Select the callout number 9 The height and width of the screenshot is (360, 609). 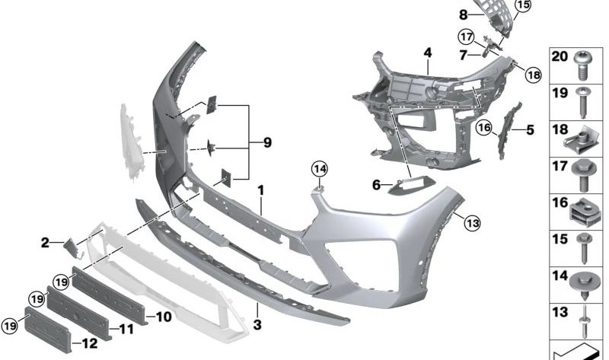pos(267,142)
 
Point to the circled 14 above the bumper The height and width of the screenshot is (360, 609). pos(319,168)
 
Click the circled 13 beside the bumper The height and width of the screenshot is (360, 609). pos(472,223)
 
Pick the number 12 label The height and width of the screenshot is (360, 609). pos(90,343)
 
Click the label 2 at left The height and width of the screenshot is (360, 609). pos(45,243)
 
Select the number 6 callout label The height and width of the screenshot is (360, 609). pos(376,184)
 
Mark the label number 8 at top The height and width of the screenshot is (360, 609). pos(463,14)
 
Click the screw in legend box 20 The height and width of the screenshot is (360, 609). pos(582,64)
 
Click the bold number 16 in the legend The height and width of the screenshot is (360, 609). pos(560,202)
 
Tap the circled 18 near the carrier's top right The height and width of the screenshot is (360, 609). pos(531,74)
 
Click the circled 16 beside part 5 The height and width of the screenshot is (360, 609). pos(484,127)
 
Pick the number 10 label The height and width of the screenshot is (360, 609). pos(164,315)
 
